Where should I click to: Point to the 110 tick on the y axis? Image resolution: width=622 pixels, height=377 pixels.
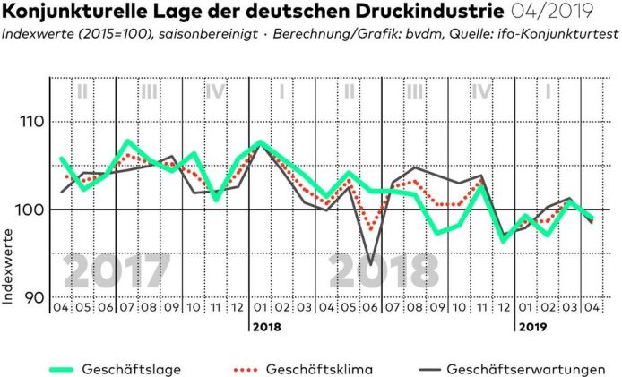[x=30, y=122]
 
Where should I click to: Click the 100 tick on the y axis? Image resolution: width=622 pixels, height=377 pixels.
[x=30, y=210]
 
